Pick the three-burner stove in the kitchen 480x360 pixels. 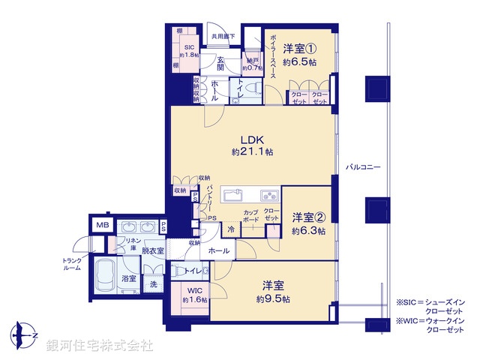pyautogui.click(x=269, y=196)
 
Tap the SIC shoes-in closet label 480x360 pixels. pyautogui.click(x=189, y=46)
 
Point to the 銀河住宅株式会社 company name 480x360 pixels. pyautogui.click(x=100, y=346)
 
